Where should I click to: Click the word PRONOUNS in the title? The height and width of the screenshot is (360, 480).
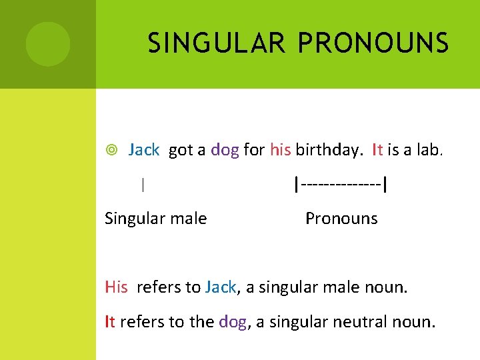click(373, 43)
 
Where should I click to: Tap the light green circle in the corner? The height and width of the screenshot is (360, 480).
click(48, 44)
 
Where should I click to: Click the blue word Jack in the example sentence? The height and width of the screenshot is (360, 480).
click(143, 150)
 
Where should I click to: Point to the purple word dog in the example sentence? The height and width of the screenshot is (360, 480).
click(225, 150)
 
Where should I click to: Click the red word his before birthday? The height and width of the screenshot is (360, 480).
click(280, 150)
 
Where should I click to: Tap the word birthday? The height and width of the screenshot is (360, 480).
click(328, 150)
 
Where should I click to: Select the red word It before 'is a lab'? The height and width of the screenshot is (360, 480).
click(377, 150)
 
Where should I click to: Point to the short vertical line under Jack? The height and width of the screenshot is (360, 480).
click(143, 185)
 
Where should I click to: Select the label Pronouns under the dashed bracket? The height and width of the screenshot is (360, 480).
click(341, 219)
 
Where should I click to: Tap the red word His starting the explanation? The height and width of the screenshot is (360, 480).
click(116, 287)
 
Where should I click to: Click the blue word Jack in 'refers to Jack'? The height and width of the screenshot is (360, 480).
click(221, 287)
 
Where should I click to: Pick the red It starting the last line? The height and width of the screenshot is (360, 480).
click(110, 322)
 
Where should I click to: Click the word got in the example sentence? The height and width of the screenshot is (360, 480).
click(181, 151)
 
